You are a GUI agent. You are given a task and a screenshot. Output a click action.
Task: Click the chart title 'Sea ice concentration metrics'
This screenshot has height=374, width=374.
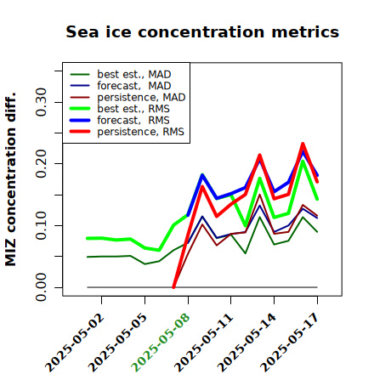pos(202,31)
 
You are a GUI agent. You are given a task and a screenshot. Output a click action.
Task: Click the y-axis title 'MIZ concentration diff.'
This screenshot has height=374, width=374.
pos(10,179)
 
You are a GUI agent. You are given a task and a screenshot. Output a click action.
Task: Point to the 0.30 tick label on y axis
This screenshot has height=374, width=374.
pos(41,102)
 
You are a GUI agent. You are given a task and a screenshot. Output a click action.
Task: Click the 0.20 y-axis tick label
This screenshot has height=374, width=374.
pos(41,163)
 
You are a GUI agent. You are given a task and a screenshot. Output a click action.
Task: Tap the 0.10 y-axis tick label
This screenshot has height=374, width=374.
pos(41,225)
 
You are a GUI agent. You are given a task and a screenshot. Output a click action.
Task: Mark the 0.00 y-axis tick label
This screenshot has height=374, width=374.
pos(41,287)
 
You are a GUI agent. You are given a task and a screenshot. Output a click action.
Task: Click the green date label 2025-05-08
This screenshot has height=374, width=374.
pos(161,343)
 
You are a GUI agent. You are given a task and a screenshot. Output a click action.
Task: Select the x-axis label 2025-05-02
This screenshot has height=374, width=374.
pos(75,343)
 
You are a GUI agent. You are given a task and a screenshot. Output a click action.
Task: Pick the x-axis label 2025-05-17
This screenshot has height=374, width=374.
pos(290,343)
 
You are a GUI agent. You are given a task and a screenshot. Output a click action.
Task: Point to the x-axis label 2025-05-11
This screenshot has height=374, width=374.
pos(204,343)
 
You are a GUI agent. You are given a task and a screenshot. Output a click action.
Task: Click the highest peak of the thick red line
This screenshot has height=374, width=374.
pos(303,144)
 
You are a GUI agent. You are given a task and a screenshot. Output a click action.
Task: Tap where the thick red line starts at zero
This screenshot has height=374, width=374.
pos(173,287)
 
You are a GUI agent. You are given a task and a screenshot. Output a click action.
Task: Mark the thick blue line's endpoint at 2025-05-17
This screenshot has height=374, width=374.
pos(317,176)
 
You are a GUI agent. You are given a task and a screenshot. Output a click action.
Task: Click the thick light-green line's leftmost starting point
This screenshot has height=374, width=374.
pos(88,238)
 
